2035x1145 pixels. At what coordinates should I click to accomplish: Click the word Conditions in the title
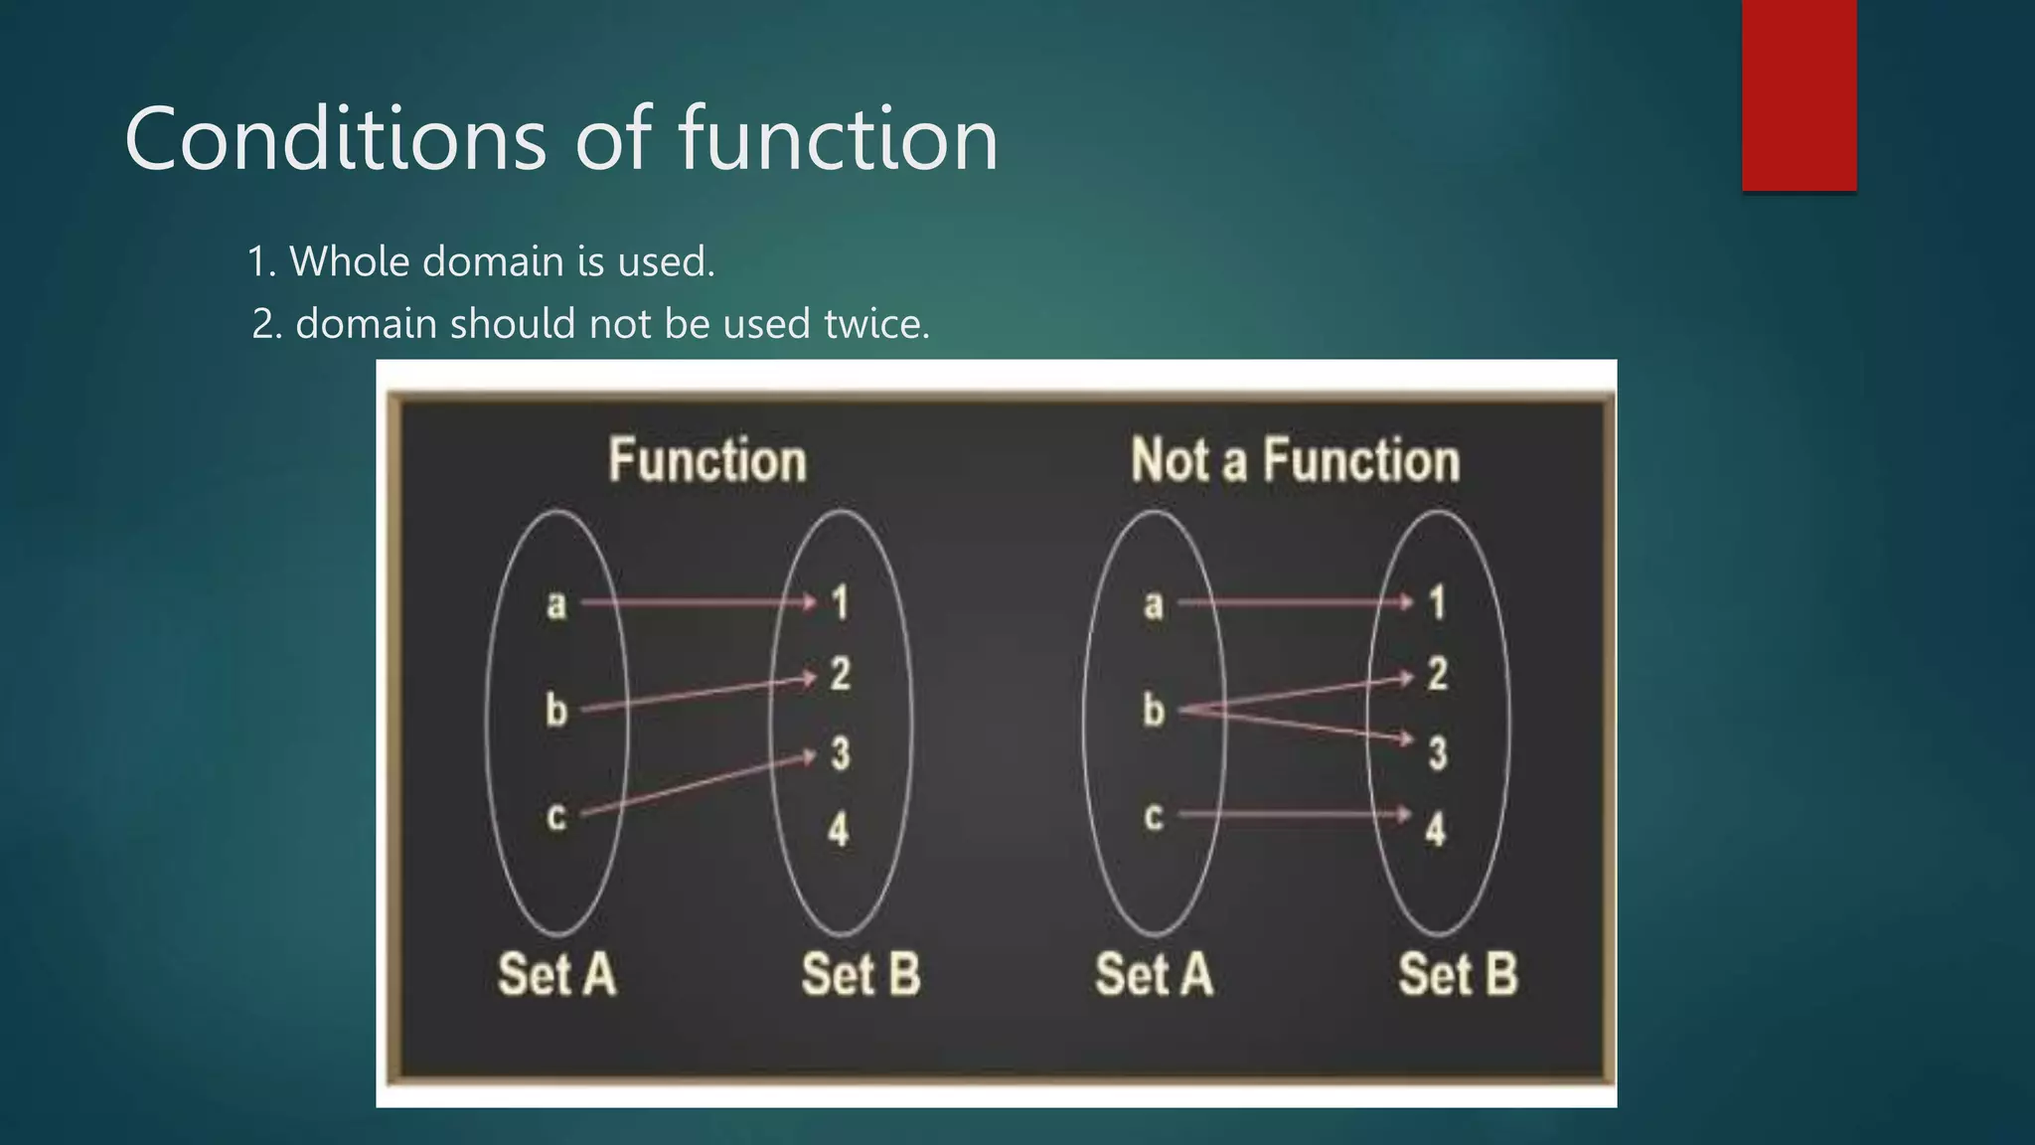[335, 139]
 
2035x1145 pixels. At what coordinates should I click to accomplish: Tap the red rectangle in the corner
[1799, 94]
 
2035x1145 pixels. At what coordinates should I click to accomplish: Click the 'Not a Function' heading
[1295, 461]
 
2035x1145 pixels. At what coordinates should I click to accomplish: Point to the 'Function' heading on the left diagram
[706, 461]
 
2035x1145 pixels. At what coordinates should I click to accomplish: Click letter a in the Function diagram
[556, 603]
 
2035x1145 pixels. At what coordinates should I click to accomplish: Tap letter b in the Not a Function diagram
[1153, 710]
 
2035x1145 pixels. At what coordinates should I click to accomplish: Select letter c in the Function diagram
[556, 816]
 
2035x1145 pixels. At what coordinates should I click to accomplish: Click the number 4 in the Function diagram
[839, 830]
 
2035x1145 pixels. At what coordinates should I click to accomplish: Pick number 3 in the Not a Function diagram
[1437, 753]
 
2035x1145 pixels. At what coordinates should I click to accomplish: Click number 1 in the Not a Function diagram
[1437, 603]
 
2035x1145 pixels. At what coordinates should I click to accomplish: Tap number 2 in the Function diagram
[841, 675]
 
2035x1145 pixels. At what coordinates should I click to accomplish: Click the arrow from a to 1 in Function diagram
[696, 602]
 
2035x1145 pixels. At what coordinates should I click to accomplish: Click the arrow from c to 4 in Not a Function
[1292, 815]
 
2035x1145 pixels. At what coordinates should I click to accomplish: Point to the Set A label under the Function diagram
[556, 974]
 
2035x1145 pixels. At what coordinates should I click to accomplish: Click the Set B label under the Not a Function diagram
[1458, 974]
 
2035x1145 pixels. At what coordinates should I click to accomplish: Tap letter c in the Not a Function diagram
[1153, 816]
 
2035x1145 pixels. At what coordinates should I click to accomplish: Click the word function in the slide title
[838, 139]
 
